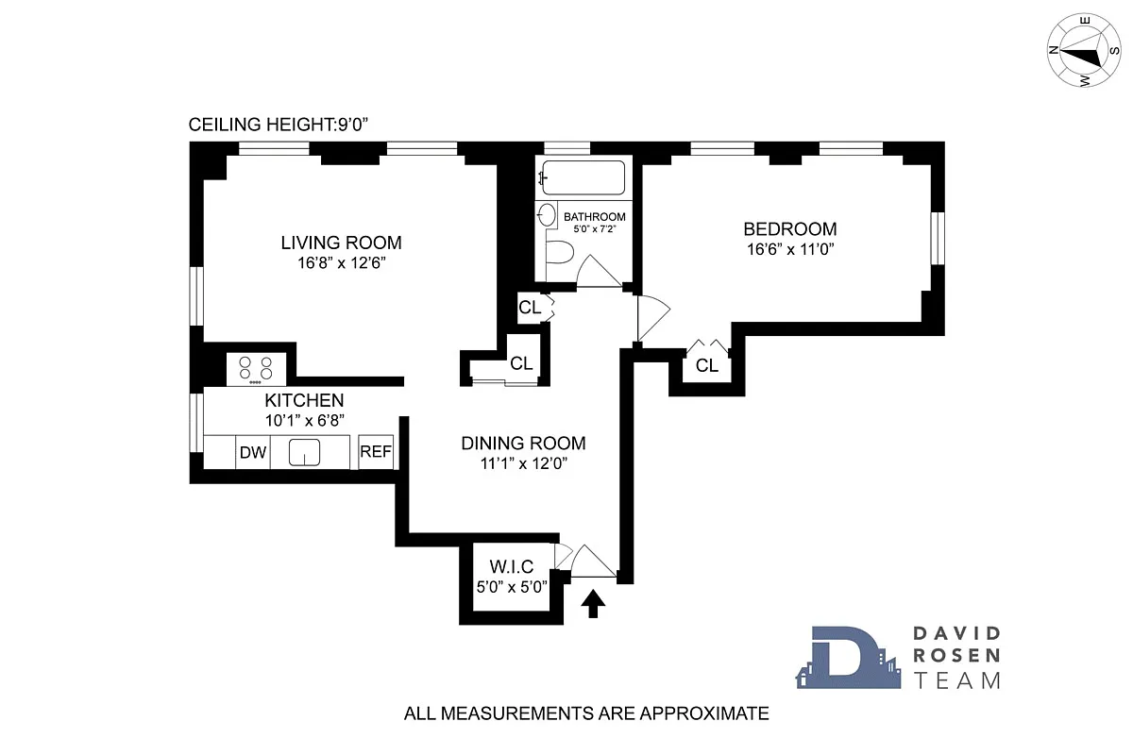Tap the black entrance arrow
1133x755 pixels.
[x=593, y=603]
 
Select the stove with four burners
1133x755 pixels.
[x=255, y=368]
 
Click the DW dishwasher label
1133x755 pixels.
[x=252, y=452]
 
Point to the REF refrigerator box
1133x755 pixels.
[x=375, y=452]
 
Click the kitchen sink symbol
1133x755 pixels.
[x=305, y=453]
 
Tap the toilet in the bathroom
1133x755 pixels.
[x=561, y=254]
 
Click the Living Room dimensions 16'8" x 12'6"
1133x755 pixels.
[x=341, y=263]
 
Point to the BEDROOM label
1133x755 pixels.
[x=789, y=229]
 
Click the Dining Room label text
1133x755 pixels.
[x=523, y=444]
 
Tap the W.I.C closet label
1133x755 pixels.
[x=512, y=567]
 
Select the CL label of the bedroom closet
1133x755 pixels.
[x=707, y=366]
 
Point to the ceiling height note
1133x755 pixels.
[x=274, y=125]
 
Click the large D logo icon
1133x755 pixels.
[x=843, y=658]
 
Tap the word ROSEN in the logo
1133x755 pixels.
[x=955, y=657]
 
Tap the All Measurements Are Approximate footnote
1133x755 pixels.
[x=585, y=713]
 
